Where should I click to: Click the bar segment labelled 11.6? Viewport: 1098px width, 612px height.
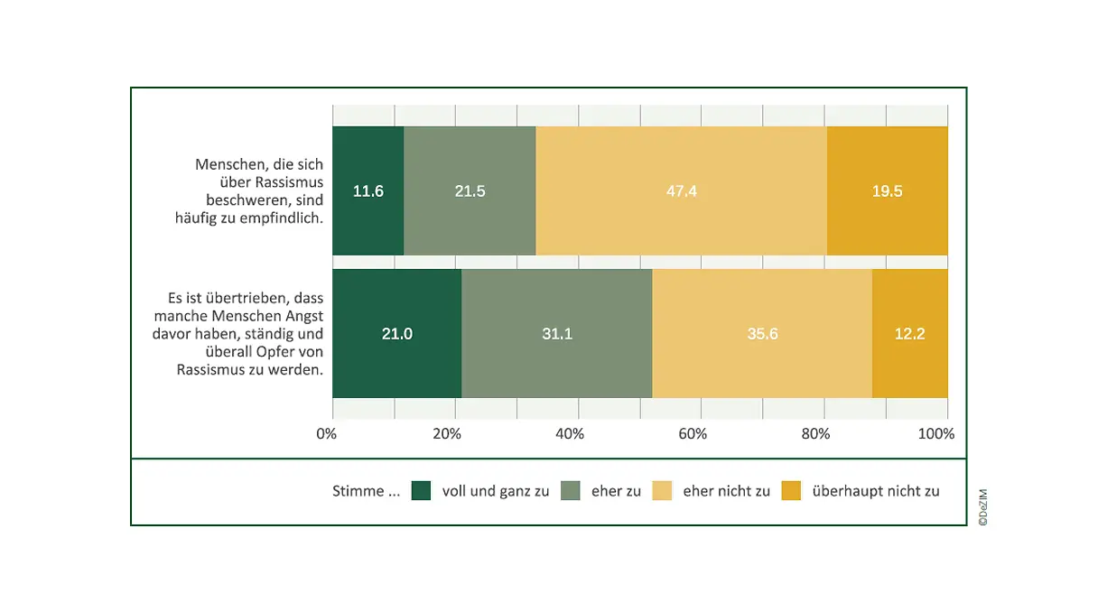(368, 191)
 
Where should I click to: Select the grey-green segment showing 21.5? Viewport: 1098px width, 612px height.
(470, 191)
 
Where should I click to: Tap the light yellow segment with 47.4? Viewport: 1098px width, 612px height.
(682, 191)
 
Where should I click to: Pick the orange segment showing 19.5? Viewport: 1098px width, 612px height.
(887, 191)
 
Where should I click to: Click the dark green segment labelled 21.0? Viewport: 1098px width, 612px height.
(396, 334)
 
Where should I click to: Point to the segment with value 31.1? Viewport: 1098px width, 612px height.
(556, 334)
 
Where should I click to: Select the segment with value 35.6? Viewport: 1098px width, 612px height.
(762, 334)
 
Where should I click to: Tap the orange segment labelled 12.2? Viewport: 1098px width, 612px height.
(909, 334)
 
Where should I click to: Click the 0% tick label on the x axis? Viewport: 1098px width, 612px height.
(326, 434)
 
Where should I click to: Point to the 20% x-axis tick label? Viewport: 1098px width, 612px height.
(447, 434)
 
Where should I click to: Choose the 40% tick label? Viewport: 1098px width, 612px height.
(570, 434)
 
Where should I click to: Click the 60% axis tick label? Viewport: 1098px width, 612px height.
(692, 434)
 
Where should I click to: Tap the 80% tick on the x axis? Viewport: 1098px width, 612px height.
(815, 434)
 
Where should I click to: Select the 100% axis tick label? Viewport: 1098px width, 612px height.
(936, 434)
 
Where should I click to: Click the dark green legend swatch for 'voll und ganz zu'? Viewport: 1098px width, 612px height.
(421, 491)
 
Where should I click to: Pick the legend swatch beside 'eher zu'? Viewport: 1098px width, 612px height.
(571, 491)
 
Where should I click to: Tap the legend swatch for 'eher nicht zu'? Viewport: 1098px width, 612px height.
(662, 491)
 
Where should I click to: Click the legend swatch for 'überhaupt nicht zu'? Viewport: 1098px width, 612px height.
(791, 491)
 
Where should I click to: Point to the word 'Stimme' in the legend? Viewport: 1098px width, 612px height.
(358, 492)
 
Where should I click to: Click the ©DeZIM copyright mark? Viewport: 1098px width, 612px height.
(982, 507)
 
